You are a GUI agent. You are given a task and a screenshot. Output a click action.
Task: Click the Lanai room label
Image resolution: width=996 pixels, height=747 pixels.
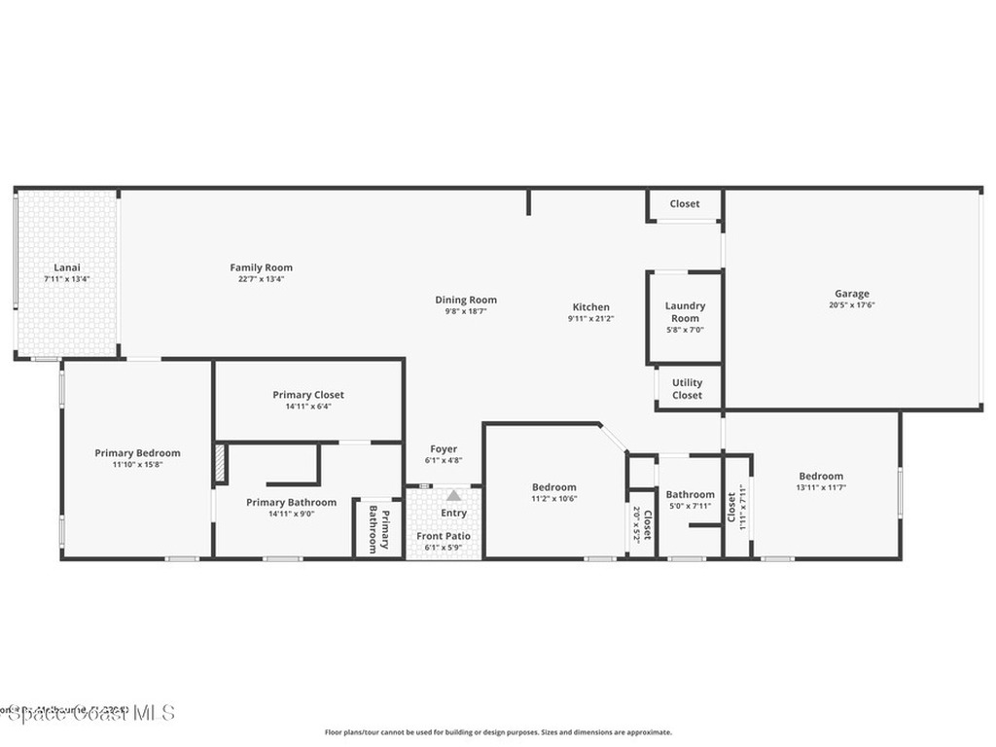[x=66, y=267]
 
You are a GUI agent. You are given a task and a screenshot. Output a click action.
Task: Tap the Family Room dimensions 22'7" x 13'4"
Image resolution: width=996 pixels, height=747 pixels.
[x=261, y=279]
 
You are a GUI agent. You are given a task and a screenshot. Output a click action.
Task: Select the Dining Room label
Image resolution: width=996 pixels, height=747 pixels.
[x=466, y=300]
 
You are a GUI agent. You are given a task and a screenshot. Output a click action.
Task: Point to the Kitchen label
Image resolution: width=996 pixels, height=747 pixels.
[x=590, y=306]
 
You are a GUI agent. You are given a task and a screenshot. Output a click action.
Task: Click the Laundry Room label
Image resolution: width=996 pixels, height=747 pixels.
[x=685, y=311]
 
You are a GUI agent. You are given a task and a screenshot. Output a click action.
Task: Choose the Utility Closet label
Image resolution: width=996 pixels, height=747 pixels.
[x=687, y=389]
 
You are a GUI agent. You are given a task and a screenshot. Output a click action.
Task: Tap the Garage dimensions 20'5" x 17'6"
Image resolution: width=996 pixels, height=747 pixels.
[x=851, y=304]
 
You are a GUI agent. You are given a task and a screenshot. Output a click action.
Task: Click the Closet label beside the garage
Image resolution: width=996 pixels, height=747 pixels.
[x=685, y=204]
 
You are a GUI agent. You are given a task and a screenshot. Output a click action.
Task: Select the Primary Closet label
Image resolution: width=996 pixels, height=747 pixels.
[x=308, y=395]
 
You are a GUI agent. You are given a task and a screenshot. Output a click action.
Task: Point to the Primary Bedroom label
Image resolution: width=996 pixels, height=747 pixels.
[x=137, y=452]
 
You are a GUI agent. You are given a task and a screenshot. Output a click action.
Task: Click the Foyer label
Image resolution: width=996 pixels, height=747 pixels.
[x=444, y=449]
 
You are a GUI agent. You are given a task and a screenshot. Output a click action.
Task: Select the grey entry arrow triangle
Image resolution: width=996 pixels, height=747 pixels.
[x=453, y=496]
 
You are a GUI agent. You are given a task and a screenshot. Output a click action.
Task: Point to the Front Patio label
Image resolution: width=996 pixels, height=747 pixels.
[x=444, y=536]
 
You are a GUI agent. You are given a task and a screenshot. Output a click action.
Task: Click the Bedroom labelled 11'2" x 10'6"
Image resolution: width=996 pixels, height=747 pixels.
[x=553, y=487]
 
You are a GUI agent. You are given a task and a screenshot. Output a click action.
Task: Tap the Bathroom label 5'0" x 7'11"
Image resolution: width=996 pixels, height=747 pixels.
[x=690, y=494]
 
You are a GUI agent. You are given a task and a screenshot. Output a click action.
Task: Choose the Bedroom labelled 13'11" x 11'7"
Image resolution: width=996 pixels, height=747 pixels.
[x=821, y=477]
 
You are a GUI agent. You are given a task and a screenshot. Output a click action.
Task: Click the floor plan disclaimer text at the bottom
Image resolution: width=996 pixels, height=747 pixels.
[x=497, y=732]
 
